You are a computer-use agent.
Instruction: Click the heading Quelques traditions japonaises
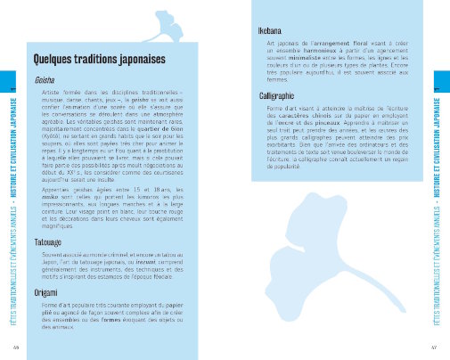94,59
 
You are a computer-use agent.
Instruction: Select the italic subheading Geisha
44,80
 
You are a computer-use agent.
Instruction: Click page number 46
17,347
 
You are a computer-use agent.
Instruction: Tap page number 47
433,347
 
